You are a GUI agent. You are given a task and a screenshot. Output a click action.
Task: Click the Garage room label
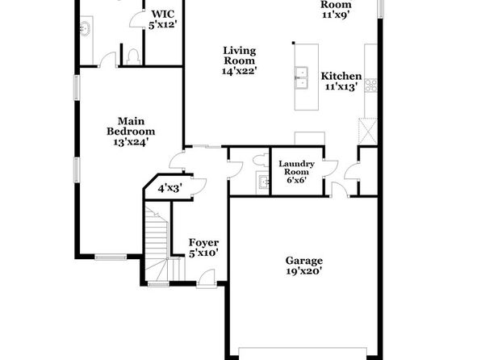tap(303, 266)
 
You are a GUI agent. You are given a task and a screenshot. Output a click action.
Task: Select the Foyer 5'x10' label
tap(203, 248)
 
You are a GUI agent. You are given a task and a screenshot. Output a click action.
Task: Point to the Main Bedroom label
tap(131, 132)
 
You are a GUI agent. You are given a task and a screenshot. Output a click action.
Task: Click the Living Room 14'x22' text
tap(239, 61)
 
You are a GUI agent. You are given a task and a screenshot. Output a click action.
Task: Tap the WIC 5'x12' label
tap(163, 19)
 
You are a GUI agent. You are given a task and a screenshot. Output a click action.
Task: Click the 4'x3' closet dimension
tap(170, 188)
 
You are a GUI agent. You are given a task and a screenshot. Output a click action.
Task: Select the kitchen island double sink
tap(301, 77)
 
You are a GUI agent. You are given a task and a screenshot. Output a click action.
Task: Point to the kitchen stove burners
tap(370, 86)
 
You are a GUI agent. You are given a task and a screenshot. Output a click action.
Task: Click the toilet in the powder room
tap(261, 161)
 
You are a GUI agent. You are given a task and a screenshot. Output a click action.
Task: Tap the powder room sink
tap(262, 182)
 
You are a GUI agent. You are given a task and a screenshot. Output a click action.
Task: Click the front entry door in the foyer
tap(207, 278)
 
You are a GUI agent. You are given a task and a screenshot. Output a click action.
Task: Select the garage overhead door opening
tap(303, 353)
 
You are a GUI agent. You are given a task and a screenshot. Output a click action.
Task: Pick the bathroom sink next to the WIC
tap(85, 27)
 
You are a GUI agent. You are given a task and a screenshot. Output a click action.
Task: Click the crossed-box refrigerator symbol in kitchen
tap(367, 131)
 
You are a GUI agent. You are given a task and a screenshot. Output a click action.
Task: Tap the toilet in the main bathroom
tap(133, 57)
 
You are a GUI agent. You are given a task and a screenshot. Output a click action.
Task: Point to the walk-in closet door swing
tap(137, 19)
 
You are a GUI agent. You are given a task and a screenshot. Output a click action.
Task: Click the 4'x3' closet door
tap(199, 186)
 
